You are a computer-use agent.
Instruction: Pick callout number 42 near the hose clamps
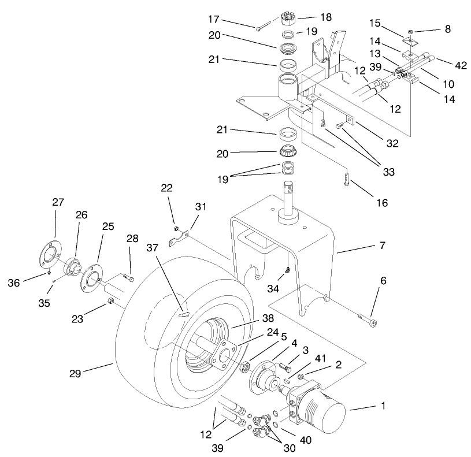pyautogui.click(x=461, y=65)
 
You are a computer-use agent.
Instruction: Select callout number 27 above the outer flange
pyautogui.click(x=58, y=202)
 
